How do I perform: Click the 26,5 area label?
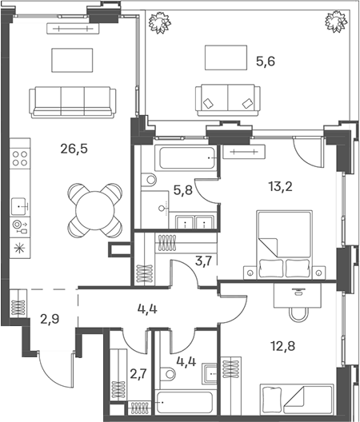click(74, 149)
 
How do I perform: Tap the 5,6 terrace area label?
click(266, 62)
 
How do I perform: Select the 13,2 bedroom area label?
click(280, 186)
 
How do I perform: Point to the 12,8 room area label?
click(283, 346)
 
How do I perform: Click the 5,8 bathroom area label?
click(183, 190)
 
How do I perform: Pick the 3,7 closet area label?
click(204, 261)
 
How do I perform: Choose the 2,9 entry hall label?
click(50, 319)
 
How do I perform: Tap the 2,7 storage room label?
click(138, 373)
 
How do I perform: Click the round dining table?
click(95, 210)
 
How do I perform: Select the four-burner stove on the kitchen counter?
click(20, 158)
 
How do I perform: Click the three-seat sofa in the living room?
click(73, 102)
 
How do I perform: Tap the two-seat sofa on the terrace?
click(228, 100)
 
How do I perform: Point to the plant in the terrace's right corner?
click(335, 21)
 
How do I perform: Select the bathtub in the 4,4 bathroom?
click(185, 403)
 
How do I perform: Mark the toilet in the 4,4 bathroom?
click(167, 374)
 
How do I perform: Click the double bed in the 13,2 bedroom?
click(285, 245)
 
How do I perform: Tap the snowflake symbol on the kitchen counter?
click(19, 248)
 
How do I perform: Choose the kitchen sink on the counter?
click(19, 206)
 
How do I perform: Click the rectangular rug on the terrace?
click(226, 58)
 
